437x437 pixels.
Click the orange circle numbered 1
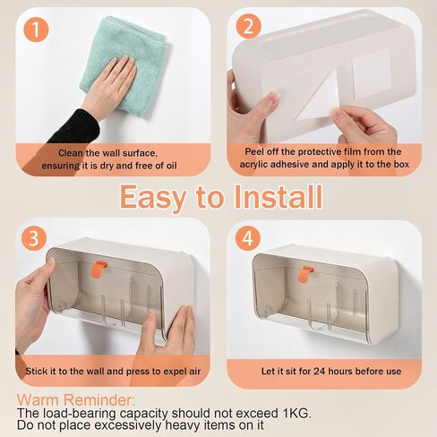(x=36, y=30)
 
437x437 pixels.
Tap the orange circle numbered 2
(x=248, y=26)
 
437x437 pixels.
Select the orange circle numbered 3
(x=34, y=238)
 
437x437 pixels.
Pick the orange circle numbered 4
(x=248, y=238)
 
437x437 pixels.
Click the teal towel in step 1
(x=125, y=63)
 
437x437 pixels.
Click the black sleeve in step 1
(x=74, y=127)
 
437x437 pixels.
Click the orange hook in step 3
(x=99, y=269)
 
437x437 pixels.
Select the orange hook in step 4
(x=305, y=274)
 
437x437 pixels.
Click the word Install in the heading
(x=278, y=197)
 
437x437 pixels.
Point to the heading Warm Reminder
(x=76, y=399)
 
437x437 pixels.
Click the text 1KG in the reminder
(x=296, y=413)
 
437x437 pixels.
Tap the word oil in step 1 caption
(x=171, y=166)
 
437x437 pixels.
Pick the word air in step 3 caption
(x=194, y=372)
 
